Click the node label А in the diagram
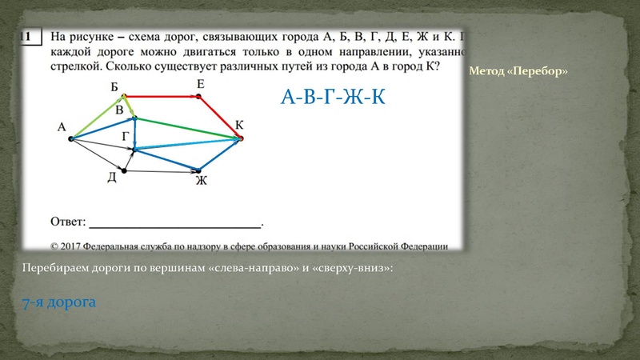tap(61, 126)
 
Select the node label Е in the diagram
tap(199, 84)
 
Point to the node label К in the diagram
tap(239, 125)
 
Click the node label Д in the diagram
tap(112, 177)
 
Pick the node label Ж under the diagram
tap(202, 181)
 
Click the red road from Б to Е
tap(160, 96)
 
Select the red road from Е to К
tap(220, 117)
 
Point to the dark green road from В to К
tap(188, 129)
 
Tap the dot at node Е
tap(199, 96)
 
